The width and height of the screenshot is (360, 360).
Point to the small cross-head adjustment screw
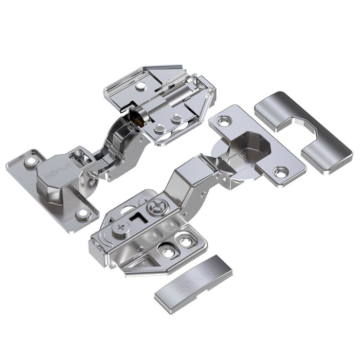(120, 228)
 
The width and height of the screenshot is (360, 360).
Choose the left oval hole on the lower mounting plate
(167, 251)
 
